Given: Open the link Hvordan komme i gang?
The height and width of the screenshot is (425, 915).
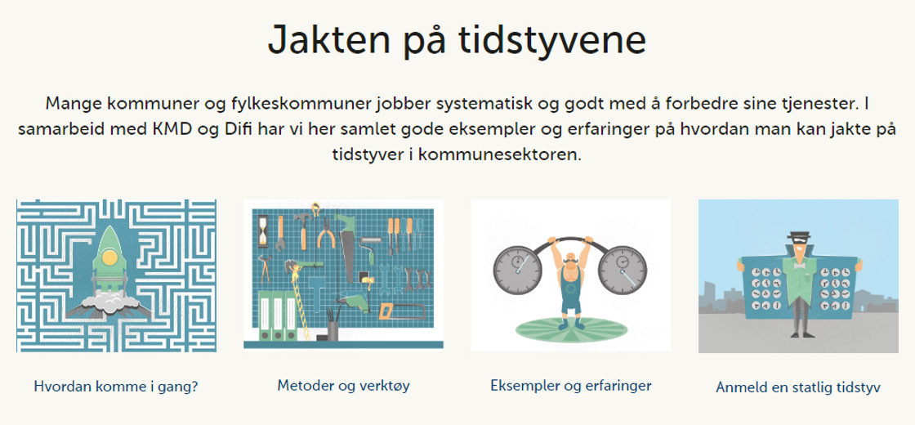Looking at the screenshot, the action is click(116, 387).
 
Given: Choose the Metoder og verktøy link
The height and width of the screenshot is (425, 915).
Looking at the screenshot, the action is click(344, 386).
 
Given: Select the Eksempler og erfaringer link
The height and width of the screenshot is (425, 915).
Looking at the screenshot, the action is click(571, 386).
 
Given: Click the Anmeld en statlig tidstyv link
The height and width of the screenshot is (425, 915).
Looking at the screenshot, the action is click(797, 387).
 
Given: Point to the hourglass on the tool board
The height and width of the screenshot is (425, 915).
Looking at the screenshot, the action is click(263, 230).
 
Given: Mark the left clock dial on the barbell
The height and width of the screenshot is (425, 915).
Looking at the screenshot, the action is click(517, 271).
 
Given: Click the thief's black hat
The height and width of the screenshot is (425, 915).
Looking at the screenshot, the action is click(798, 236).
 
